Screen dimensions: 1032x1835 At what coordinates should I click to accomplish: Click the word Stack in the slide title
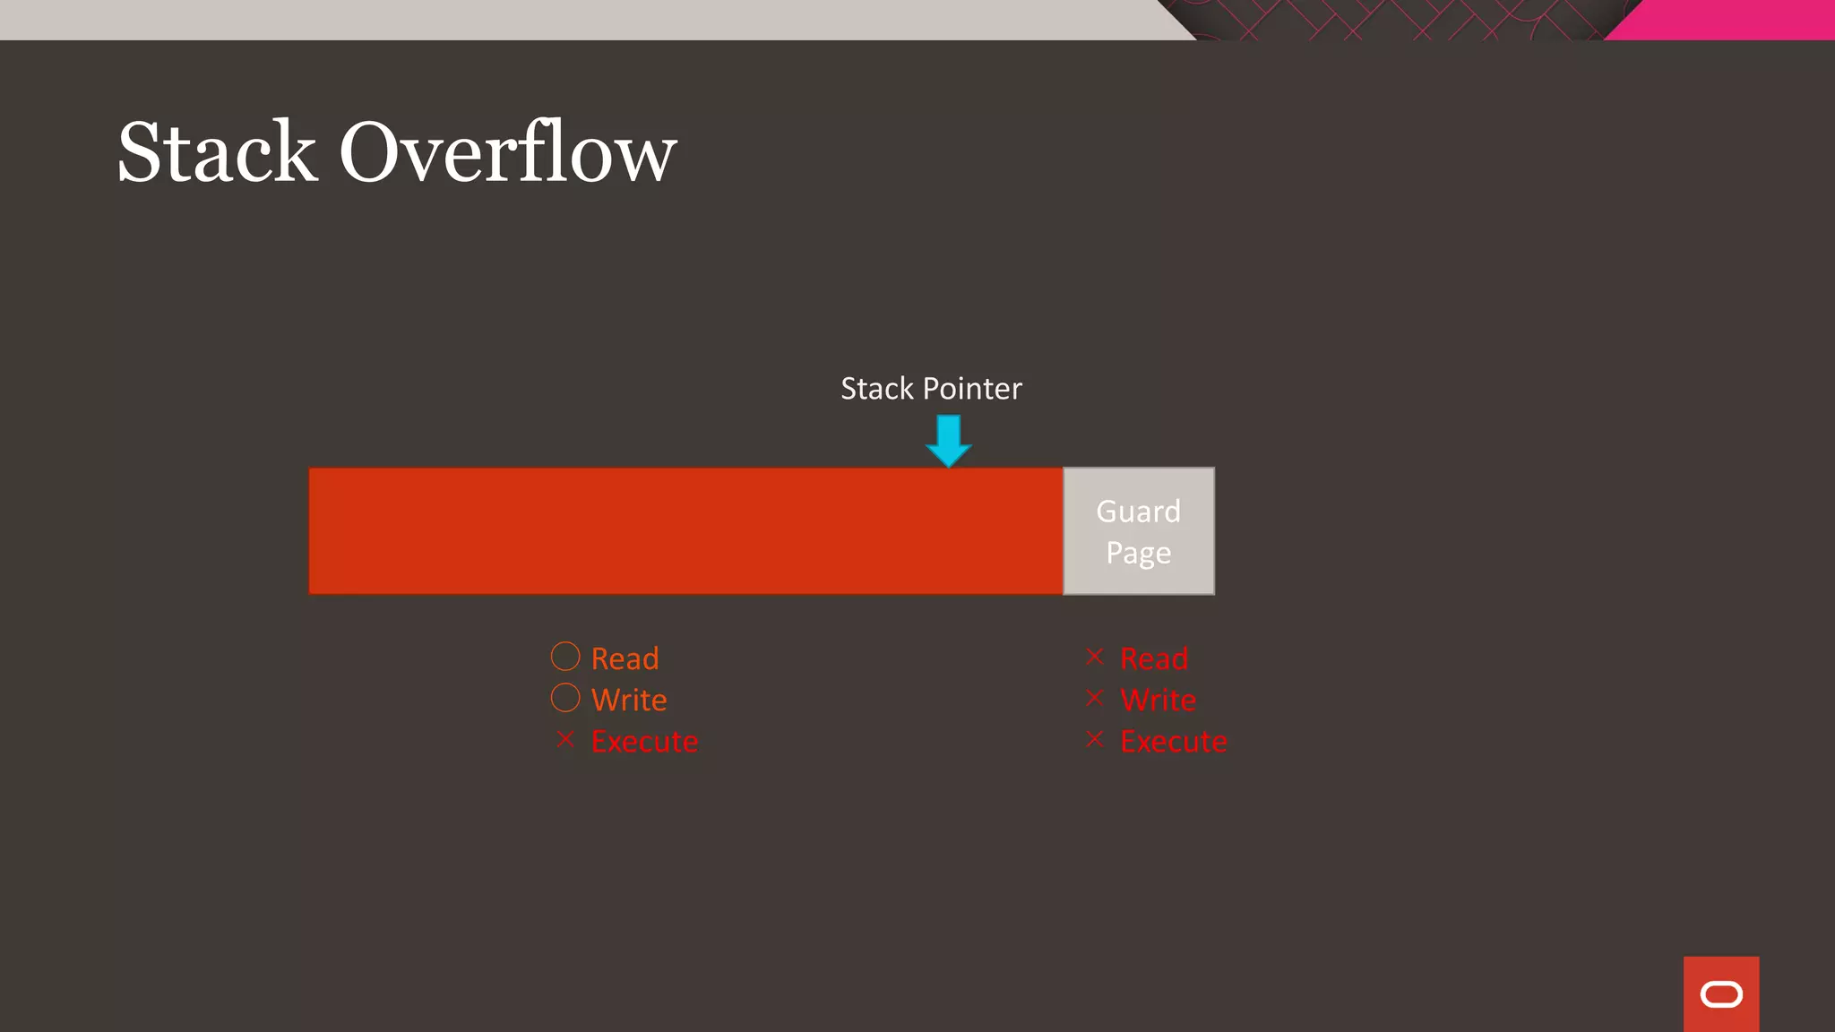pos(217,152)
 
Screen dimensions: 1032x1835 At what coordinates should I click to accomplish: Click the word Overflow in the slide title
pos(507,152)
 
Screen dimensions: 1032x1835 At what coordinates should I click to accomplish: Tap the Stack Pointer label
pos(931,389)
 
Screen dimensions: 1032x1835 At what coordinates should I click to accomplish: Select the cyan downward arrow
pos(948,440)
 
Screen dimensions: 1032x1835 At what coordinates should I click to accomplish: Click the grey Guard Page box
pos(1139,531)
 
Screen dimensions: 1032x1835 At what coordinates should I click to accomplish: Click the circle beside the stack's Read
pos(565,657)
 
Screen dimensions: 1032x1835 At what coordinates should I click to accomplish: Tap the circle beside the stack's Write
pos(565,698)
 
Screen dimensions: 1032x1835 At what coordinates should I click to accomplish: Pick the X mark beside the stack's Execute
pos(565,739)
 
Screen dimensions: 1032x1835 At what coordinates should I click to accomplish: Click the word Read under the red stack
pos(625,658)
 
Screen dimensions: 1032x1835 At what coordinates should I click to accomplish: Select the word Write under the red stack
pos(629,700)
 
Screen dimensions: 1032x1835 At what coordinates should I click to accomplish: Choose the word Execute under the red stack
pos(644,742)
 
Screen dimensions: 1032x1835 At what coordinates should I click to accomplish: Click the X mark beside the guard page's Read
pos(1094,657)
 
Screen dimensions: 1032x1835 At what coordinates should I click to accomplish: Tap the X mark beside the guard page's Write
pos(1094,698)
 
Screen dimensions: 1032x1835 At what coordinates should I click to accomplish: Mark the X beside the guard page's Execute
pos(1094,739)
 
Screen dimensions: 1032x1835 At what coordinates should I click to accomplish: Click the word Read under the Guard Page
pos(1154,658)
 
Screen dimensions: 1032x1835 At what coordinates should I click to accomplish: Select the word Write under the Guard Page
pos(1158,700)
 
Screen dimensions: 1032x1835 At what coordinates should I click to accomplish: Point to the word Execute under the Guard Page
pos(1174,742)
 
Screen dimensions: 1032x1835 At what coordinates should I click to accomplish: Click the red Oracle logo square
pos(1721,994)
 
